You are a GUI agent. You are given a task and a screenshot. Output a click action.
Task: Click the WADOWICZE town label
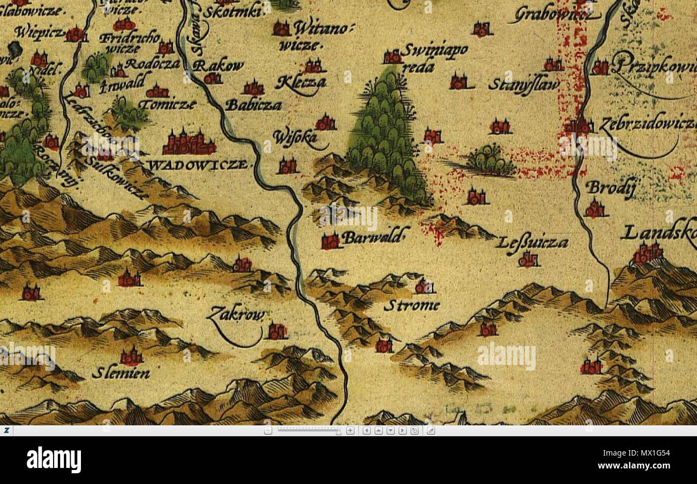[198, 165]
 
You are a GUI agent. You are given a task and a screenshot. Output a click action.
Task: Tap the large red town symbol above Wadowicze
[188, 143]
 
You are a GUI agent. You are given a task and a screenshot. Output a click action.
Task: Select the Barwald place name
[375, 237]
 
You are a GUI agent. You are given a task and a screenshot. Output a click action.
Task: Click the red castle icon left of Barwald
[331, 241]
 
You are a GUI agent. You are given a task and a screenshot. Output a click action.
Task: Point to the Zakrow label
[236, 314]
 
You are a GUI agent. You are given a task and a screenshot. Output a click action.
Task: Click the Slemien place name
[121, 373]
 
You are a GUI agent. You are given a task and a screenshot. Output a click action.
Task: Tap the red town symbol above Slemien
[131, 356]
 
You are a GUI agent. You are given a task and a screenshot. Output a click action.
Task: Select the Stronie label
[411, 306]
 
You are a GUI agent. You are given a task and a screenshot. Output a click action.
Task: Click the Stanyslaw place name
[523, 85]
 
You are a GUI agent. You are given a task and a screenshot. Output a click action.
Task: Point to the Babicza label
[253, 105]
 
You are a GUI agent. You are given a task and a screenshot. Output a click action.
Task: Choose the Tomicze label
[168, 105]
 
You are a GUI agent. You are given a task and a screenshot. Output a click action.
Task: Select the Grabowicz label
[554, 14]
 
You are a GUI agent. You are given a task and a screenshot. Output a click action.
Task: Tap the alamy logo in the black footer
[54, 460]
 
